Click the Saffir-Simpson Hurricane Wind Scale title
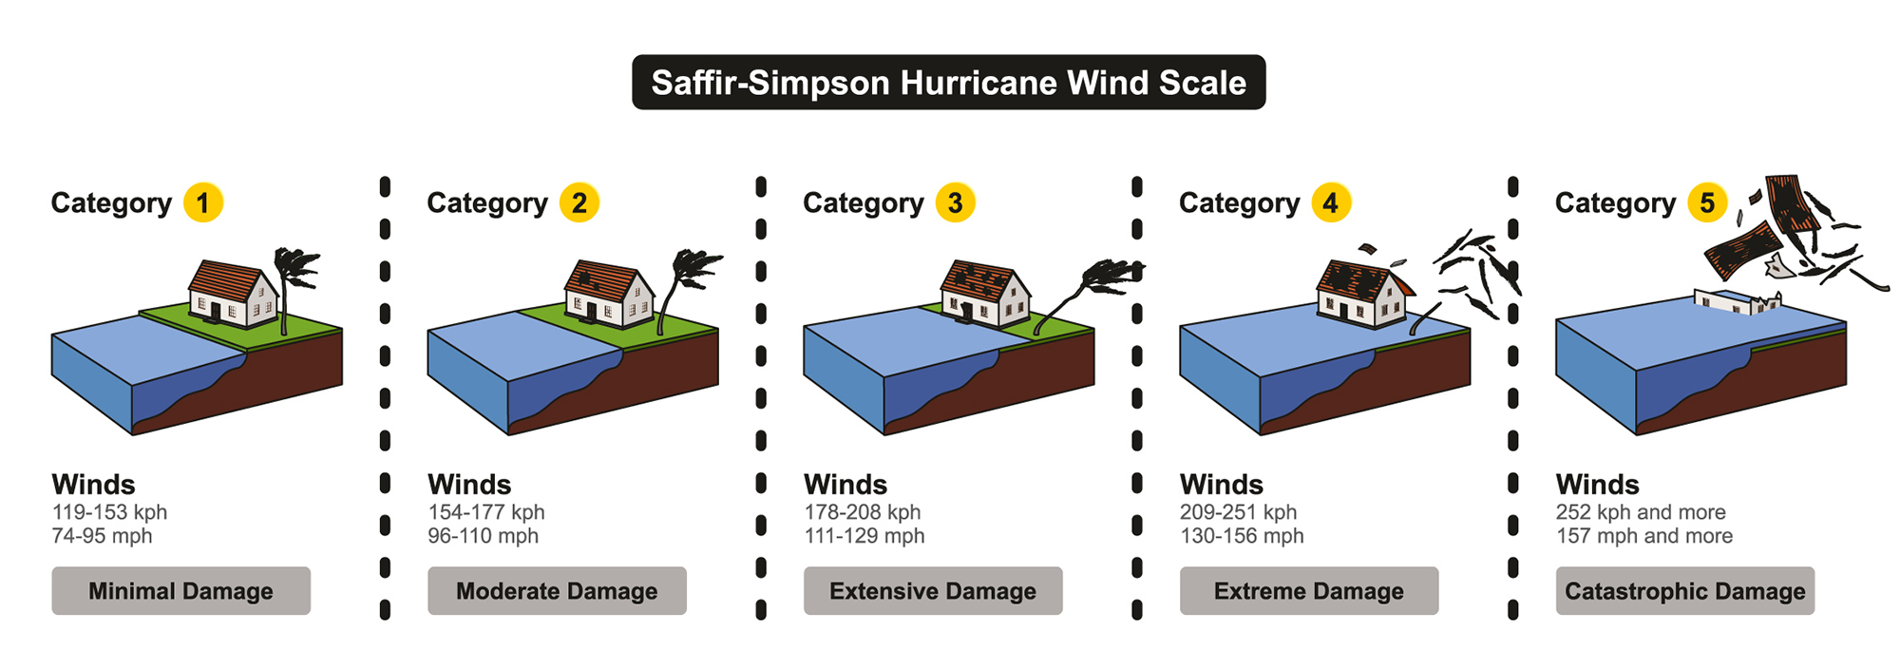pyautogui.click(x=948, y=83)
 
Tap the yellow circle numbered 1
pyautogui.click(x=202, y=202)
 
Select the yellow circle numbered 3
pyautogui.click(x=955, y=202)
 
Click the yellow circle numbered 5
pyautogui.click(x=1707, y=202)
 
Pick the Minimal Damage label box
pyautogui.click(x=180, y=591)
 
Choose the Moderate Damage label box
pyautogui.click(x=557, y=591)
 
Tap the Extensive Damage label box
pyautogui.click(x=933, y=591)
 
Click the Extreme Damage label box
pyautogui.click(x=1309, y=591)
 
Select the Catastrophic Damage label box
pyautogui.click(x=1685, y=591)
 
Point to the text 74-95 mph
pyautogui.click(x=102, y=536)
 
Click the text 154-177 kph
pyautogui.click(x=485, y=512)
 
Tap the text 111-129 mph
pyautogui.click(x=864, y=536)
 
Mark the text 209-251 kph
pyautogui.click(x=1238, y=512)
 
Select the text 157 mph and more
pyautogui.click(x=1643, y=536)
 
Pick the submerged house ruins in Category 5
pyautogui.click(x=1738, y=302)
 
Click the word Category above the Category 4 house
pyautogui.click(x=1239, y=203)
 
